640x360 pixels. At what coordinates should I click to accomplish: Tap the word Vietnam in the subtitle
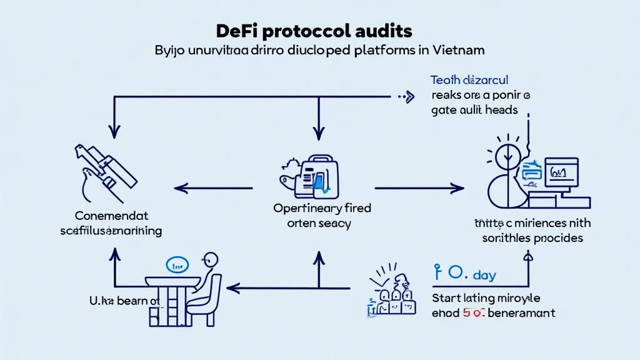455,50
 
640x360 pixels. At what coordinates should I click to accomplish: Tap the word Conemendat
112,216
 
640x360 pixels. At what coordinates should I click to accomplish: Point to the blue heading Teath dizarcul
469,80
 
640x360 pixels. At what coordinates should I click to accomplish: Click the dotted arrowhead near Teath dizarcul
409,96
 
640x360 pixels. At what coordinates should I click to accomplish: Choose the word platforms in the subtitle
378,50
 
